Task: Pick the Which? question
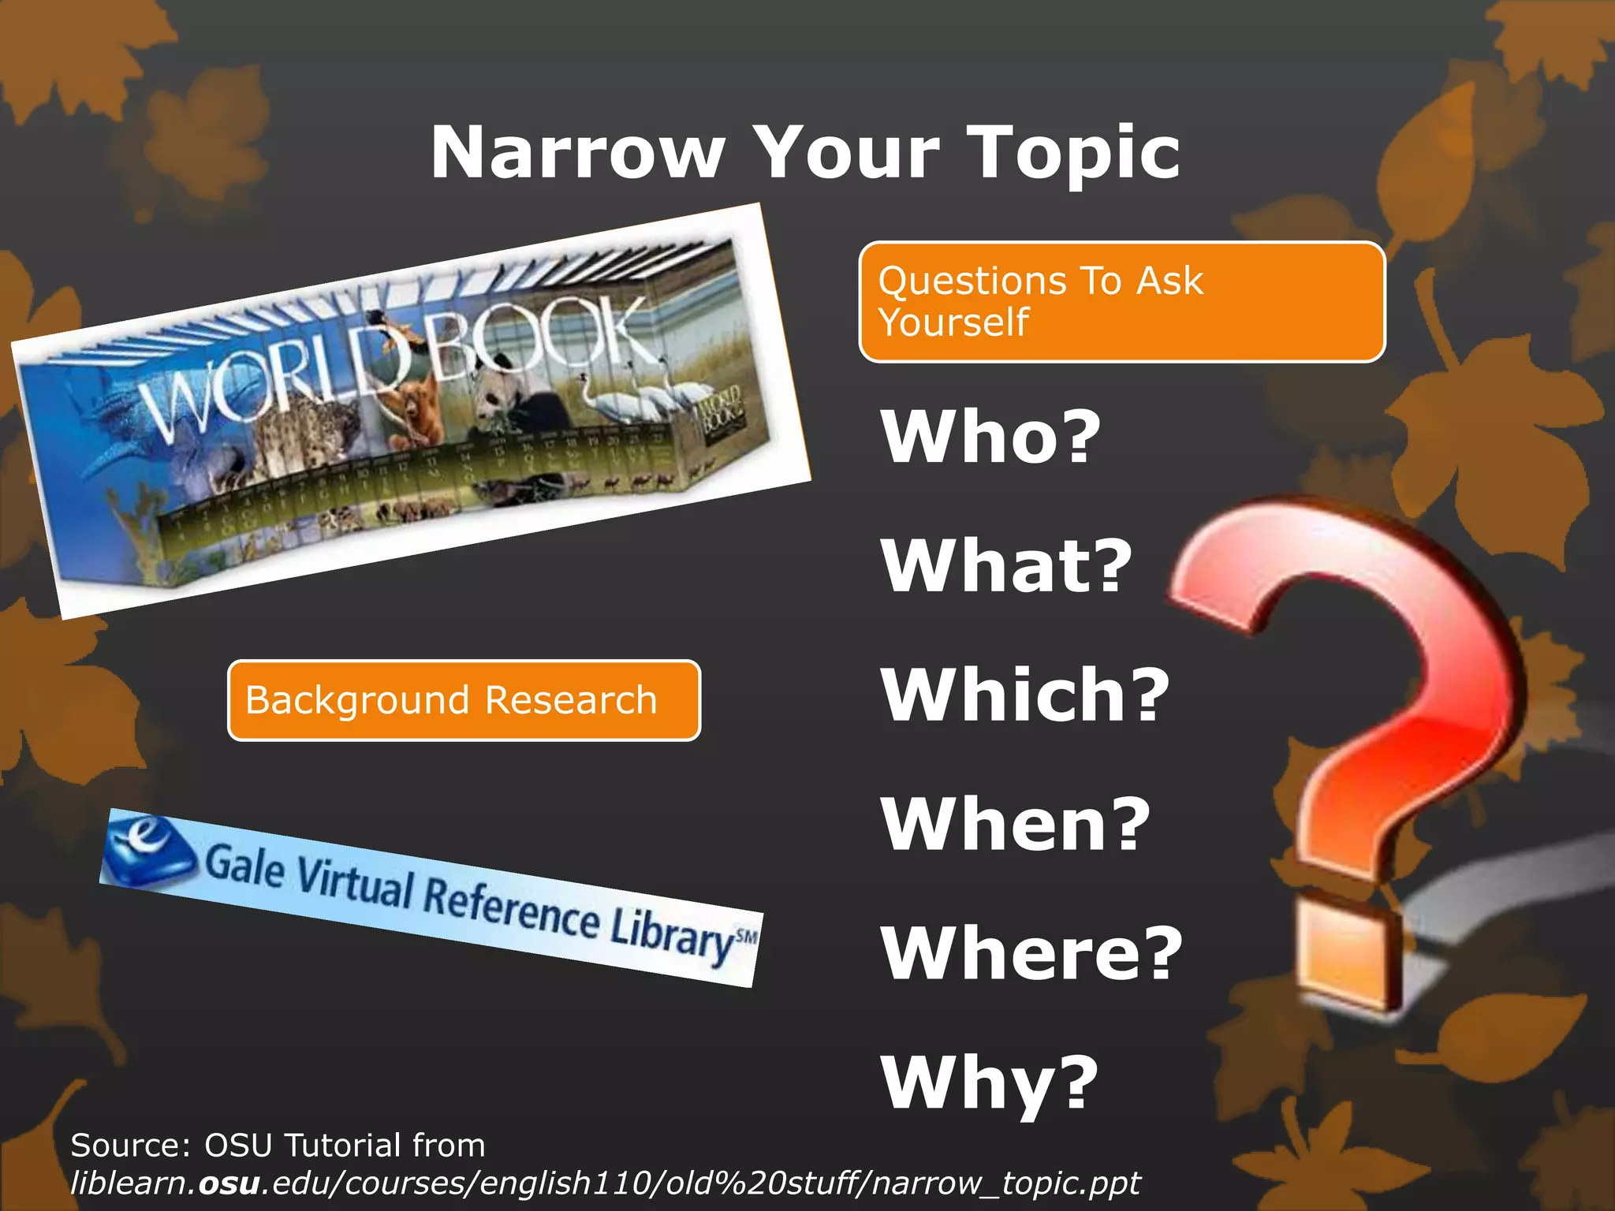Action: [1024, 695]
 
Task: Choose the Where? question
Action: [1031, 953]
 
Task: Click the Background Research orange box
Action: [464, 700]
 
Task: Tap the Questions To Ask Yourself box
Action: [1121, 302]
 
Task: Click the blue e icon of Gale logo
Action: [148, 851]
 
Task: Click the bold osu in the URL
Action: [229, 1183]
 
